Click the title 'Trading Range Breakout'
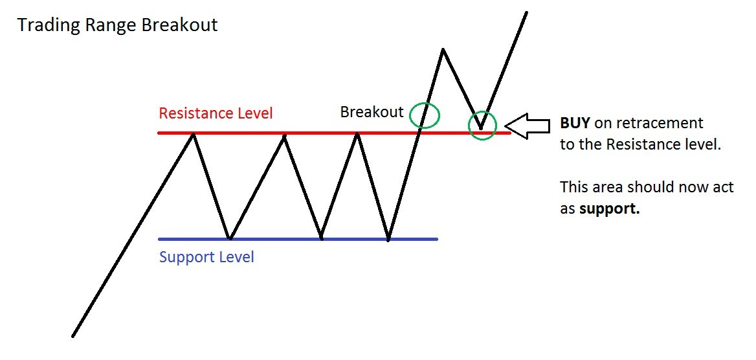[x=117, y=25]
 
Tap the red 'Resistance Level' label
[x=216, y=113]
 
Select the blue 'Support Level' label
[x=206, y=257]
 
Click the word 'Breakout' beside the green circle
[x=372, y=112]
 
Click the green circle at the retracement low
[x=482, y=125]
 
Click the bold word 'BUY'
[x=575, y=123]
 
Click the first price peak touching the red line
[x=192, y=133]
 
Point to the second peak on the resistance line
[x=284, y=134]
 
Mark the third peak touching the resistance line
[x=357, y=134]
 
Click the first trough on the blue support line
[x=229, y=238]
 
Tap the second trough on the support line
[x=321, y=238]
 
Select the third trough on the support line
[x=388, y=240]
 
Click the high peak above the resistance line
[x=443, y=49]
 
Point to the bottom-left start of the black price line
[x=72, y=336]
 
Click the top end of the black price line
[x=526, y=12]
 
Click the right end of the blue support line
[x=437, y=239]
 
